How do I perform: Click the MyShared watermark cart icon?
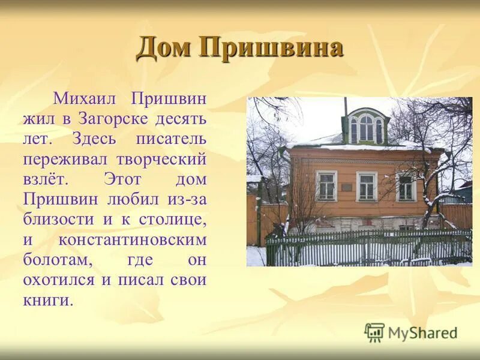[374, 331]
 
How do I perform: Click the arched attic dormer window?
[366, 128]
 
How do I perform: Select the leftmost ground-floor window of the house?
[326, 186]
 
